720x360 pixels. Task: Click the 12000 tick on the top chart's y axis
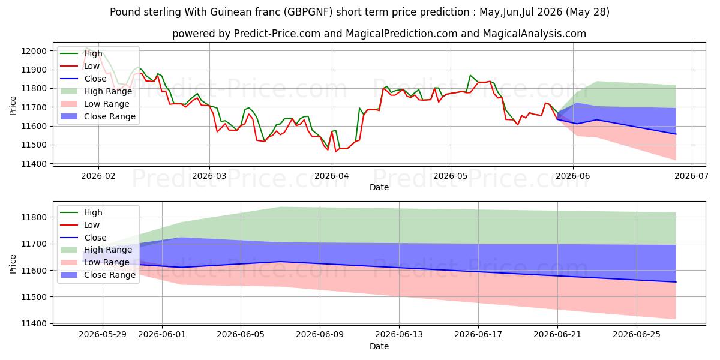(34, 51)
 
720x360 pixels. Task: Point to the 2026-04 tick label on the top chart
(332, 176)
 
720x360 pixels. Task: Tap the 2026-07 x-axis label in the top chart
(691, 176)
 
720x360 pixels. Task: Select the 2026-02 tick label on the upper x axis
(98, 176)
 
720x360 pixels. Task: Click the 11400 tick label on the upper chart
(34, 164)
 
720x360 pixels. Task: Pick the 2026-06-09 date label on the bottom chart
(320, 335)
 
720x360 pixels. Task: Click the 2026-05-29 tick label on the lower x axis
(103, 335)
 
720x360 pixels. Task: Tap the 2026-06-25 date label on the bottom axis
(637, 335)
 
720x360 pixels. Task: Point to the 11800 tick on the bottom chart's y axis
(34, 217)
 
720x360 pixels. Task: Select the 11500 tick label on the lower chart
(34, 297)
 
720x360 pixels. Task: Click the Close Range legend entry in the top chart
(98, 116)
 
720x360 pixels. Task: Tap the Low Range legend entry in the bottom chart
(95, 262)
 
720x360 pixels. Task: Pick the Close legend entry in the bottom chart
(83, 238)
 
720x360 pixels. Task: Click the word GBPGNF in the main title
(308, 12)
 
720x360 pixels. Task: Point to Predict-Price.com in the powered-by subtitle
(277, 34)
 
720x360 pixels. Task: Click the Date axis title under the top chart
(379, 187)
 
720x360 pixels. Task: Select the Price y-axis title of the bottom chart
(13, 264)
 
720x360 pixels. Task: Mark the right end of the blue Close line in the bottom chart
(676, 282)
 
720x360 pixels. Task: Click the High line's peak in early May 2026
(470, 75)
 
